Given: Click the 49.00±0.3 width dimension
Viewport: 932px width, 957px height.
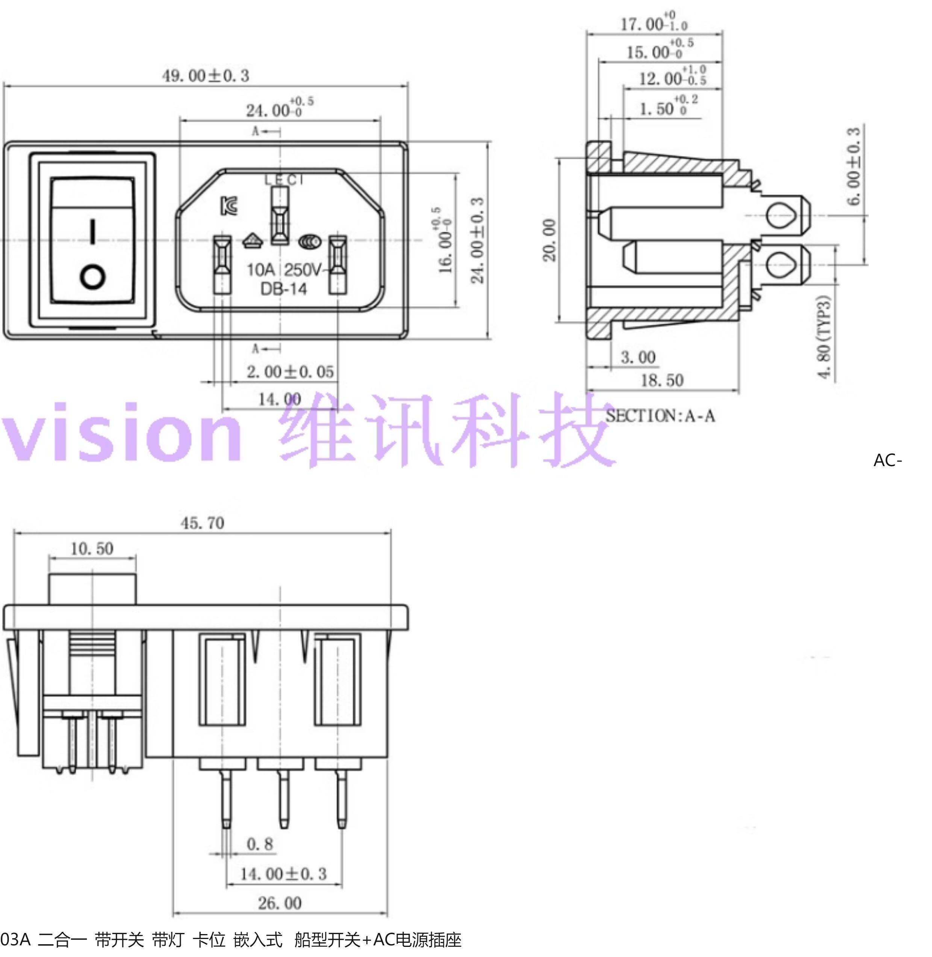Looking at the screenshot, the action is [x=206, y=76].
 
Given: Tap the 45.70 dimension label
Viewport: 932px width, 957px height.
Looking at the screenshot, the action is [x=202, y=523].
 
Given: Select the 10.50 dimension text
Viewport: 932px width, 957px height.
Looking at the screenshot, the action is [x=92, y=548].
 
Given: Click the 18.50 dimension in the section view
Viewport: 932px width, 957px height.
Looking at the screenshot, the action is [x=662, y=380].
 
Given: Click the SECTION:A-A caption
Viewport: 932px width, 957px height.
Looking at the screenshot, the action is [x=660, y=416].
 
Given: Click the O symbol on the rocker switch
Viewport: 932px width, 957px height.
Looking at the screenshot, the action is [x=92, y=276].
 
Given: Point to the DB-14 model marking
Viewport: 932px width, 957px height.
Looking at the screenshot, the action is [x=283, y=289].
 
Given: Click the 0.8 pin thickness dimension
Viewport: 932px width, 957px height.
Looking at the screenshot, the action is [x=259, y=844].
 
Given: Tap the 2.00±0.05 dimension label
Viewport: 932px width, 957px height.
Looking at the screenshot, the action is [x=290, y=372].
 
